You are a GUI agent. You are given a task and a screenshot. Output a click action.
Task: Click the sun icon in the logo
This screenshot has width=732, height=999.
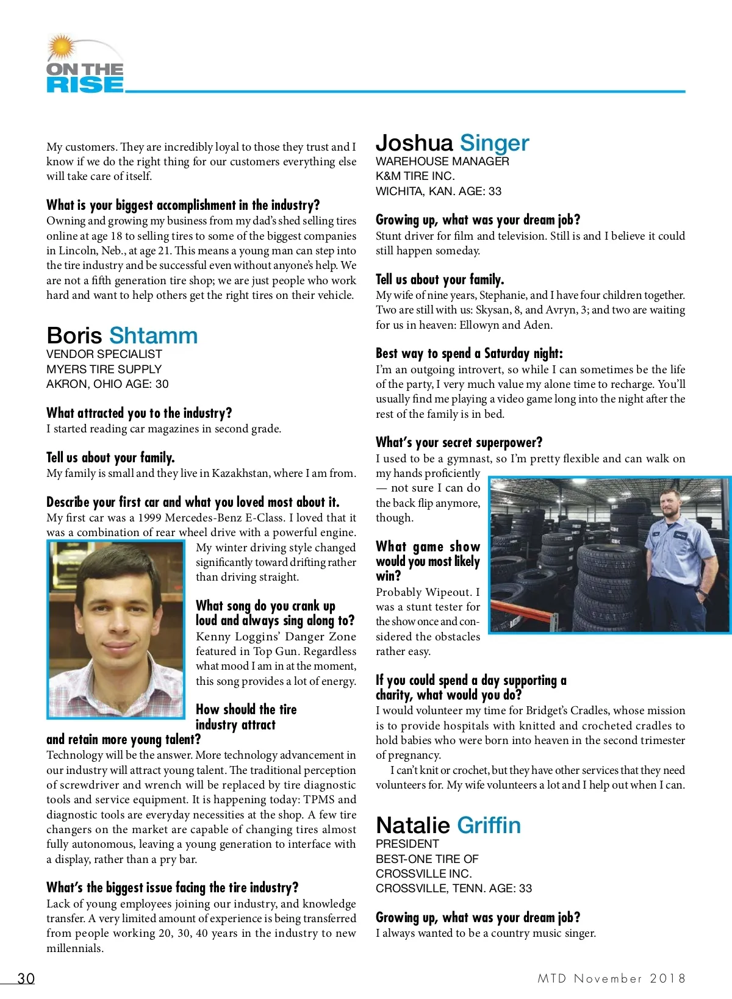click(x=61, y=46)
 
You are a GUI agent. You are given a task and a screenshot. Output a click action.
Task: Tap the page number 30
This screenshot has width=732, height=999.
click(x=26, y=978)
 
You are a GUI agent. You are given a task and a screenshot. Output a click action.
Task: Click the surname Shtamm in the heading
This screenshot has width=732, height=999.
click(x=153, y=335)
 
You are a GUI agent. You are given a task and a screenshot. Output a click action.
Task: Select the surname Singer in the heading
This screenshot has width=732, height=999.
click(x=494, y=143)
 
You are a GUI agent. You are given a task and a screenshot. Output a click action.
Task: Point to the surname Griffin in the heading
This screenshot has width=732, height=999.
click(x=489, y=825)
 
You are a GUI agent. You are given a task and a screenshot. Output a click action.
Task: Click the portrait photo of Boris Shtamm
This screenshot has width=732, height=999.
click(x=116, y=629)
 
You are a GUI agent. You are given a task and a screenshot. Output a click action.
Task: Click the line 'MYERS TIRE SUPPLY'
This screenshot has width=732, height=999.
click(x=104, y=369)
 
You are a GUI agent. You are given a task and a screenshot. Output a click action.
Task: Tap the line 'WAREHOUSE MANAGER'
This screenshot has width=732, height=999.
click(x=442, y=162)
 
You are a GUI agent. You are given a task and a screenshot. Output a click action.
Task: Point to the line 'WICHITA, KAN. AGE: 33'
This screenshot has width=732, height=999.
click(x=439, y=192)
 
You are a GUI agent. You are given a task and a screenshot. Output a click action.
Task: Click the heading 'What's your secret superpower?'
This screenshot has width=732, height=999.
click(x=459, y=442)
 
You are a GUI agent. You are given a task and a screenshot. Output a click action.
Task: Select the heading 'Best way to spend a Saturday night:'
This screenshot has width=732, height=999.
click(x=469, y=353)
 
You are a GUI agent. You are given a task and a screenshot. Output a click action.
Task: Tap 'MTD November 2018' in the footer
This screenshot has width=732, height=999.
click(x=611, y=978)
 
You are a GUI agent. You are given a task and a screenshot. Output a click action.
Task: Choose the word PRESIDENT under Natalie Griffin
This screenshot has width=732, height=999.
click(x=407, y=844)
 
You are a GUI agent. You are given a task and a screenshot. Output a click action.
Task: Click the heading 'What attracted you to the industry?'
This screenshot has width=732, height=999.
click(x=139, y=413)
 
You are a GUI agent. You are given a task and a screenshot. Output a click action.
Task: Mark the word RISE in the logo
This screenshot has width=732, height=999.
click(x=85, y=85)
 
